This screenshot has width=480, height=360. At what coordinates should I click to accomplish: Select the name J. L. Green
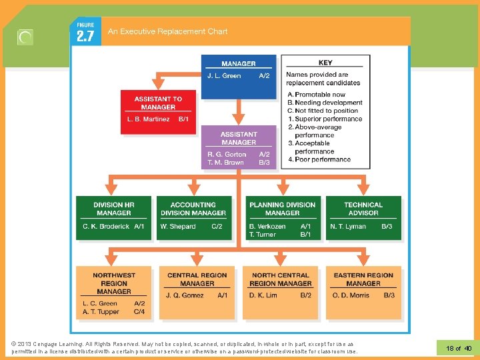point(224,76)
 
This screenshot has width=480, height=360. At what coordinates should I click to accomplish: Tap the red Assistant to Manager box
point(158,111)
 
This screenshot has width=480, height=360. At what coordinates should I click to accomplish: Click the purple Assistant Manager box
point(239,147)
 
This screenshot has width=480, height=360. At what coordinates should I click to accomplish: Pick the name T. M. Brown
point(225,163)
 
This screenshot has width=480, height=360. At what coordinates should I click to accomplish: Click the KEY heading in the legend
point(325,63)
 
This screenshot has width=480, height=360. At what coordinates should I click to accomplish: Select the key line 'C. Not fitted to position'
point(323,111)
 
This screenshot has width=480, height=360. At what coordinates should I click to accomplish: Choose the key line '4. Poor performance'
point(319,159)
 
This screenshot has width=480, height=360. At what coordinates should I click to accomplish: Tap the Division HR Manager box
point(113,217)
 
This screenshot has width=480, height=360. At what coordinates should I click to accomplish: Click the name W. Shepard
point(179,227)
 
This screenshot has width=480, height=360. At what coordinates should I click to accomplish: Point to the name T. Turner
point(262,235)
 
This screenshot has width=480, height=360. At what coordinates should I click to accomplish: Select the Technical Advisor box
point(363,217)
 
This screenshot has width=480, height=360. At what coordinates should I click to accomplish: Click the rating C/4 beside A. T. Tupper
point(139,311)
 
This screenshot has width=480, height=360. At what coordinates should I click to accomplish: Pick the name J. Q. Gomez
point(185,295)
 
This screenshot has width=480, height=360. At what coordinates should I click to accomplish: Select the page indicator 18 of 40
point(458,348)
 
